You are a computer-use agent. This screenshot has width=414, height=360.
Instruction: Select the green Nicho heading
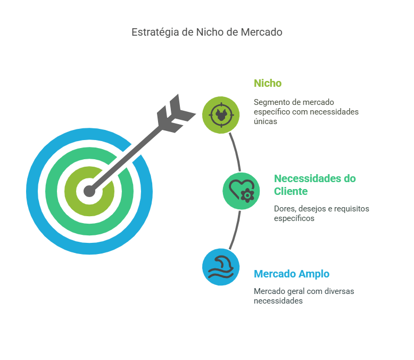click(268, 84)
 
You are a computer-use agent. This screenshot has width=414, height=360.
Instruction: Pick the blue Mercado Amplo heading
click(291, 274)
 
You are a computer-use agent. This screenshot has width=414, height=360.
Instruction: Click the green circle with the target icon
click(221, 114)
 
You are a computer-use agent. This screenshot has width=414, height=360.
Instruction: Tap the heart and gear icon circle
click(241, 191)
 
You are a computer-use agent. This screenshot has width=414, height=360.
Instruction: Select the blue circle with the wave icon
click(221, 267)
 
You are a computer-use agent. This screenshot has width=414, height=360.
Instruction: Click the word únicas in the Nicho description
click(266, 121)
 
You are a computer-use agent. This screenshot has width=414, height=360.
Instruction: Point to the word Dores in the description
click(284, 208)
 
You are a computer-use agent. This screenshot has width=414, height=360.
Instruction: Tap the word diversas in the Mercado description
click(339, 291)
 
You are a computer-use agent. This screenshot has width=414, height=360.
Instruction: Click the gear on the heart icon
click(247, 195)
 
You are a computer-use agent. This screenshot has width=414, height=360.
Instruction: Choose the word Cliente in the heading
click(291, 192)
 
